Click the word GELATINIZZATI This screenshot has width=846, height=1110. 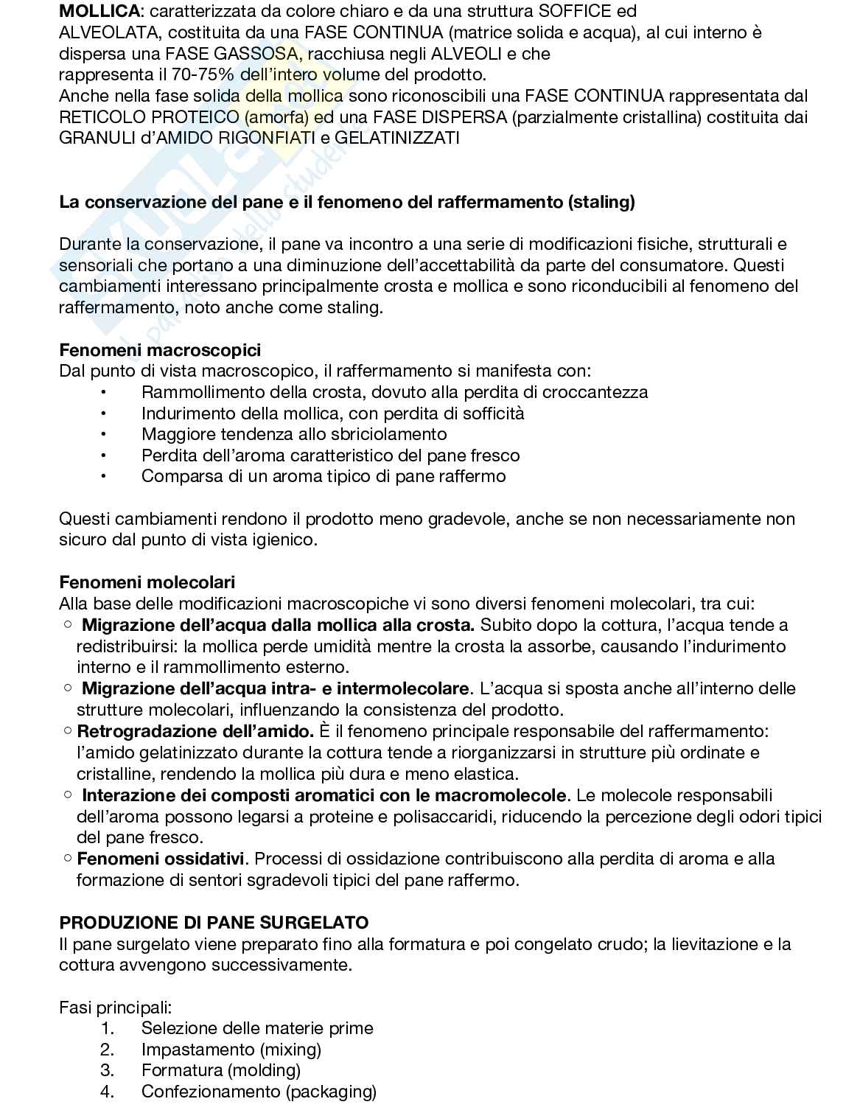pos(397,138)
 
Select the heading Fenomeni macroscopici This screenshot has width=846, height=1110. pos(160,350)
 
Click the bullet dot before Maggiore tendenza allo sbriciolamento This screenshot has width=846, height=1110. pos(104,434)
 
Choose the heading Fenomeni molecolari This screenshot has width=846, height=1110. pos(147,583)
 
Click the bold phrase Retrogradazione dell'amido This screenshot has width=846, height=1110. pos(195,731)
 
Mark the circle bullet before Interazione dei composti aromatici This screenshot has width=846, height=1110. pos(68,795)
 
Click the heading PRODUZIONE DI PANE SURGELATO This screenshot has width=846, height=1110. pos(214,923)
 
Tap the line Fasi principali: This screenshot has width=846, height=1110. pos(115,1007)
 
